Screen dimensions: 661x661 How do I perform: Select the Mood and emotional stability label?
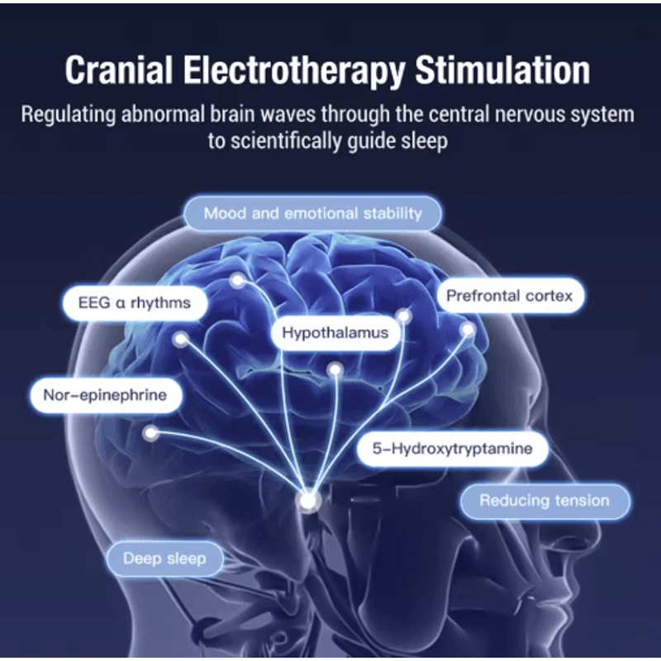pos(312,213)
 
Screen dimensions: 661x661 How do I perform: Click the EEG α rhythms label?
pos(134,302)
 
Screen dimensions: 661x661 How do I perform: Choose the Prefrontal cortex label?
pos(509,296)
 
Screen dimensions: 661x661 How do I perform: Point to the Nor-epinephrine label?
pos(104,395)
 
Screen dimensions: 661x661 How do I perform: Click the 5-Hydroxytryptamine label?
pos(452,449)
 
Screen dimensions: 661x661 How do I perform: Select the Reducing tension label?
pos(544,501)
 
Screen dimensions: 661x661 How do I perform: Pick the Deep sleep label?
pos(165,559)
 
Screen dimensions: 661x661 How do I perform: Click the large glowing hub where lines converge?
pos(308,502)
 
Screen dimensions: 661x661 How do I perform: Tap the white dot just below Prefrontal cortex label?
pos(468,330)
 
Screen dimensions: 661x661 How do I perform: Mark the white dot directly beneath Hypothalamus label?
pos(335,369)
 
